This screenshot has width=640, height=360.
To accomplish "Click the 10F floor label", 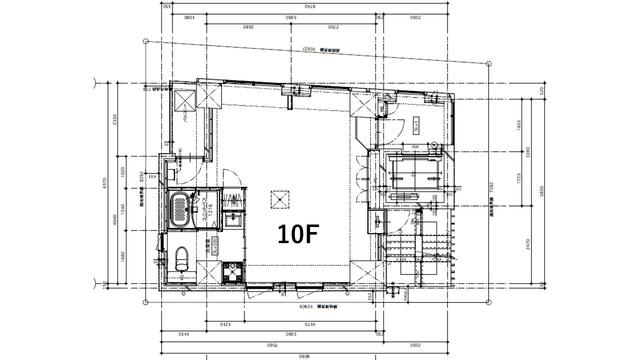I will click(298, 235).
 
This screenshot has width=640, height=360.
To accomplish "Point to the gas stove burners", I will click(234, 271).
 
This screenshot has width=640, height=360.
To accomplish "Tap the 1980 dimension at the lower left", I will click(116, 257).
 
